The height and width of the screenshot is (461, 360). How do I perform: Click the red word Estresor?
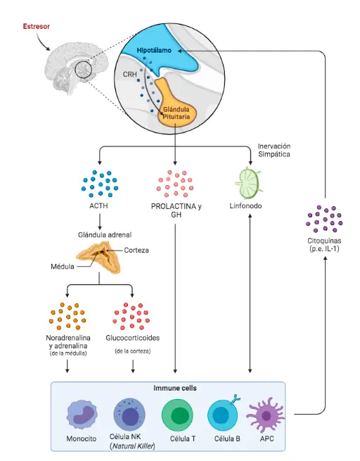tap(37, 26)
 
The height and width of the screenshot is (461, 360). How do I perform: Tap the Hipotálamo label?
tap(154, 50)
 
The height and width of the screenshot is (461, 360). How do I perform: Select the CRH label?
tap(130, 74)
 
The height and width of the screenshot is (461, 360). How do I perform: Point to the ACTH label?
tap(98, 206)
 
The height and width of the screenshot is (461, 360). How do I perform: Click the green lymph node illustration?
tap(248, 183)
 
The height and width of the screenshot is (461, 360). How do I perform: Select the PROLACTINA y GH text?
tap(176, 210)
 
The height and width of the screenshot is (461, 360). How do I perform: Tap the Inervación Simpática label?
tap(274, 150)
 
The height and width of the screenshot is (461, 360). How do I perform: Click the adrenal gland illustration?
tap(98, 257)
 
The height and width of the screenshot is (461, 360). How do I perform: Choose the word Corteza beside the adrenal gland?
tap(136, 250)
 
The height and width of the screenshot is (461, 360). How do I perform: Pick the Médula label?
tap(63, 266)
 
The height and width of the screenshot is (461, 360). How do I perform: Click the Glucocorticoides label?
tap(133, 338)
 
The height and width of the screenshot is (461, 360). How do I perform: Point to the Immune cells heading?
tap(175, 388)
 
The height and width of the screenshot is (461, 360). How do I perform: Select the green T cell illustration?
tap(177, 415)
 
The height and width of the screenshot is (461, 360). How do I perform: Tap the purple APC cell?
tap(266, 415)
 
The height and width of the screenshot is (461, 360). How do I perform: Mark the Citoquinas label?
tap(324, 245)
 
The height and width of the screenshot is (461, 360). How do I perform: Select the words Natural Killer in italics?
tap(133, 446)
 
